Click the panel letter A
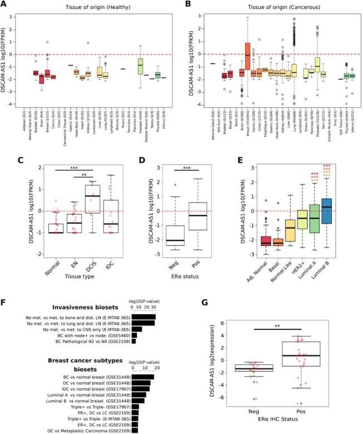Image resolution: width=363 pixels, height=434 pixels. point(5,6)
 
